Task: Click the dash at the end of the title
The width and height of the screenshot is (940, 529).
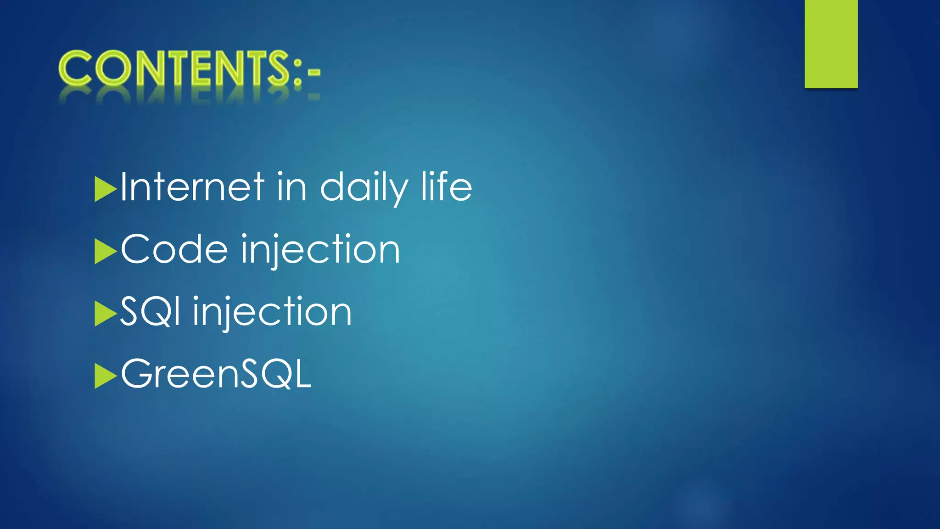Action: pos(314,72)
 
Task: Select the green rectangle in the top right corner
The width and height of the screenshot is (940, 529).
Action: pos(831,44)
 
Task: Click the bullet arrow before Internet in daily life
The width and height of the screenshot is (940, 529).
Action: pos(105,189)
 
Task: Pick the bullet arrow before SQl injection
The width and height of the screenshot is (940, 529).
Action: pos(105,314)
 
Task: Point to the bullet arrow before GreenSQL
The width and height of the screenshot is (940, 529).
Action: pos(105,376)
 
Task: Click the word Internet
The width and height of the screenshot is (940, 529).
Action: pos(192,187)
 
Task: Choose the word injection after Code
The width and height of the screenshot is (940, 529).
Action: pos(320,250)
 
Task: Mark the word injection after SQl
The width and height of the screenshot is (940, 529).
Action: pos(272,312)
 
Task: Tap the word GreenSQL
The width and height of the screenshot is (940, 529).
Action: pos(216,374)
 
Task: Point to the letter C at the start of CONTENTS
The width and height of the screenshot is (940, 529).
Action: pos(75,69)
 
